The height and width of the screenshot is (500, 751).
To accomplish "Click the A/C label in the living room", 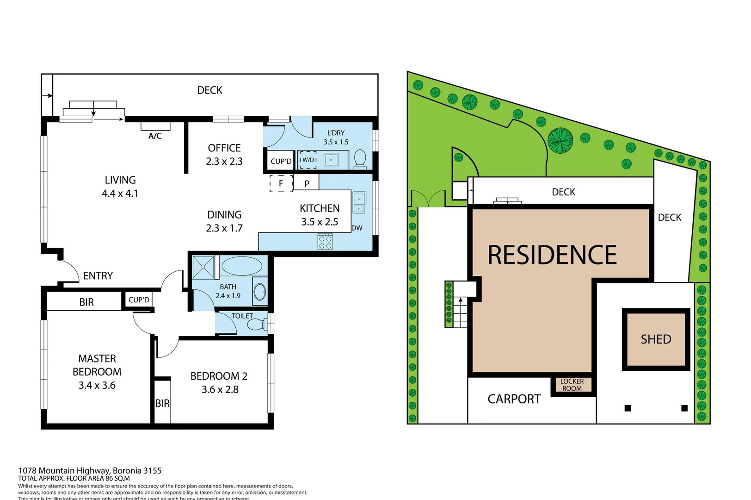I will click(x=155, y=136).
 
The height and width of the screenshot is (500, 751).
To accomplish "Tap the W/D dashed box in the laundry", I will click(x=308, y=160).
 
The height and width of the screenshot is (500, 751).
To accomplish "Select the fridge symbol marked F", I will click(x=281, y=183).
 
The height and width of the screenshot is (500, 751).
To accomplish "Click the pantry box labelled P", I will click(x=307, y=183).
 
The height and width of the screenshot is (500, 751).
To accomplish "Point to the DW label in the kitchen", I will click(x=357, y=228).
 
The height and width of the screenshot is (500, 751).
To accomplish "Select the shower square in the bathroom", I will click(x=204, y=267).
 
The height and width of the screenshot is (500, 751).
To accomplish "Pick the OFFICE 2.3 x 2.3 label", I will click(x=224, y=155).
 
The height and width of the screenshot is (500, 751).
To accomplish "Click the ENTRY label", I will click(x=98, y=276).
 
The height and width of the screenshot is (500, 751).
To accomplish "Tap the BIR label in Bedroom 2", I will click(x=162, y=404).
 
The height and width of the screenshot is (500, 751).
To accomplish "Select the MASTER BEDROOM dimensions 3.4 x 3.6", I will click(x=97, y=385).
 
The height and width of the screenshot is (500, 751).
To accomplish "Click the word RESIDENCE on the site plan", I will click(x=552, y=255).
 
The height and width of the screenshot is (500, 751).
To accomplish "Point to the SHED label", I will click(x=656, y=339).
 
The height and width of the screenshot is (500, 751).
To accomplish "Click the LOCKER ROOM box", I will click(x=572, y=385).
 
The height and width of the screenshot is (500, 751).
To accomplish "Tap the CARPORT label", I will click(x=514, y=399).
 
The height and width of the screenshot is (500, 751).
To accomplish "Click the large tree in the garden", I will click(x=560, y=140).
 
